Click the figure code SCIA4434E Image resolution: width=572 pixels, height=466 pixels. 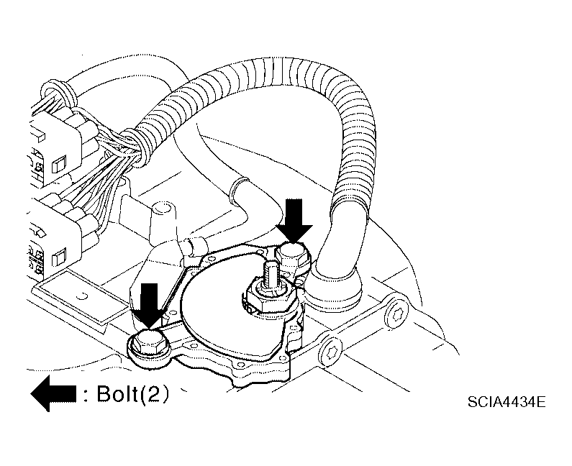[507, 402]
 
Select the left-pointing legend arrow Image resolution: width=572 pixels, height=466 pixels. [54, 394]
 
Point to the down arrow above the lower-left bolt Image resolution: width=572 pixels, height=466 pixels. [149, 306]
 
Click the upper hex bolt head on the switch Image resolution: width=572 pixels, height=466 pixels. [293, 256]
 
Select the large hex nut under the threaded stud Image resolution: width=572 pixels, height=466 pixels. [269, 296]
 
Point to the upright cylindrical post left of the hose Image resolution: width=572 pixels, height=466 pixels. [163, 222]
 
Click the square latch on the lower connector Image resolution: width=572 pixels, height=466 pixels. [60, 258]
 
